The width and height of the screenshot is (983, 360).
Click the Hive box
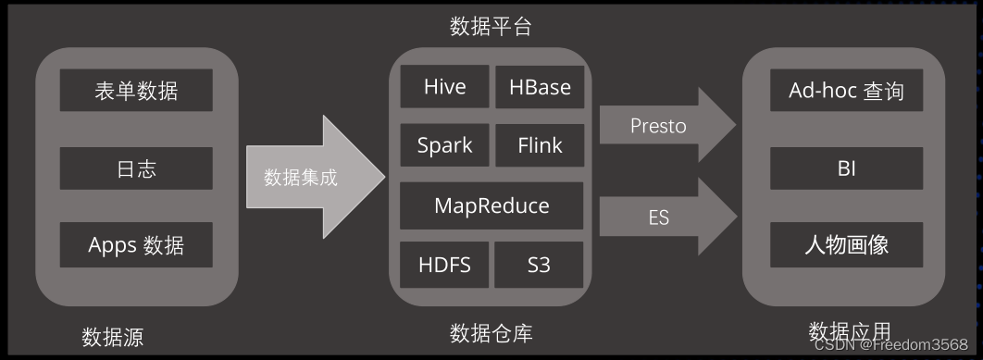445,88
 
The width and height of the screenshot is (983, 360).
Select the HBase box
540,88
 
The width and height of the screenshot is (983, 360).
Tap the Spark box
445,145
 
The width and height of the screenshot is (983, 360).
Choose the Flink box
540,145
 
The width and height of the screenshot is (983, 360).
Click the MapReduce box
491,205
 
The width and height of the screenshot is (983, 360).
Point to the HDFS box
445,265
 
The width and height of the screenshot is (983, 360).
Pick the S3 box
540,265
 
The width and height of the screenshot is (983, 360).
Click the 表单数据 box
136,91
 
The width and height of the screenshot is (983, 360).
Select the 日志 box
136,168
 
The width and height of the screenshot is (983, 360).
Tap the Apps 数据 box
136,245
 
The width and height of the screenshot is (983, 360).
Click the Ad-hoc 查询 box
846,91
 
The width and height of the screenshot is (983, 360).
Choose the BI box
846,168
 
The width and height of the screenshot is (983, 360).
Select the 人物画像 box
846,245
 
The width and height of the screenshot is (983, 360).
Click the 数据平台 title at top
491,26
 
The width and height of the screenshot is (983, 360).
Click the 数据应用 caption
850,331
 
